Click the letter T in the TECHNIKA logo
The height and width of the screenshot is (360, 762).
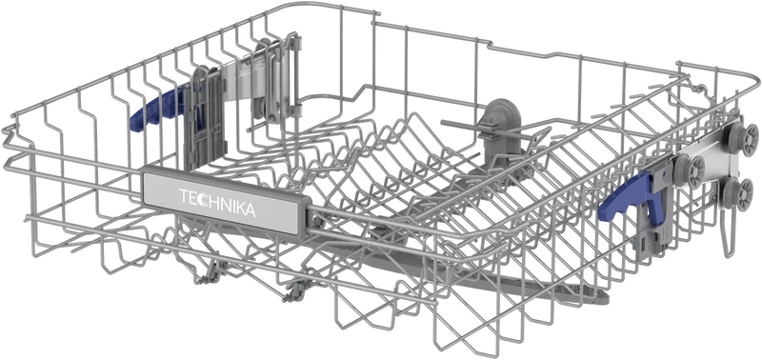pos(184,196)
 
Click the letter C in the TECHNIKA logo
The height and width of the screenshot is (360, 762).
pos(202,200)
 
